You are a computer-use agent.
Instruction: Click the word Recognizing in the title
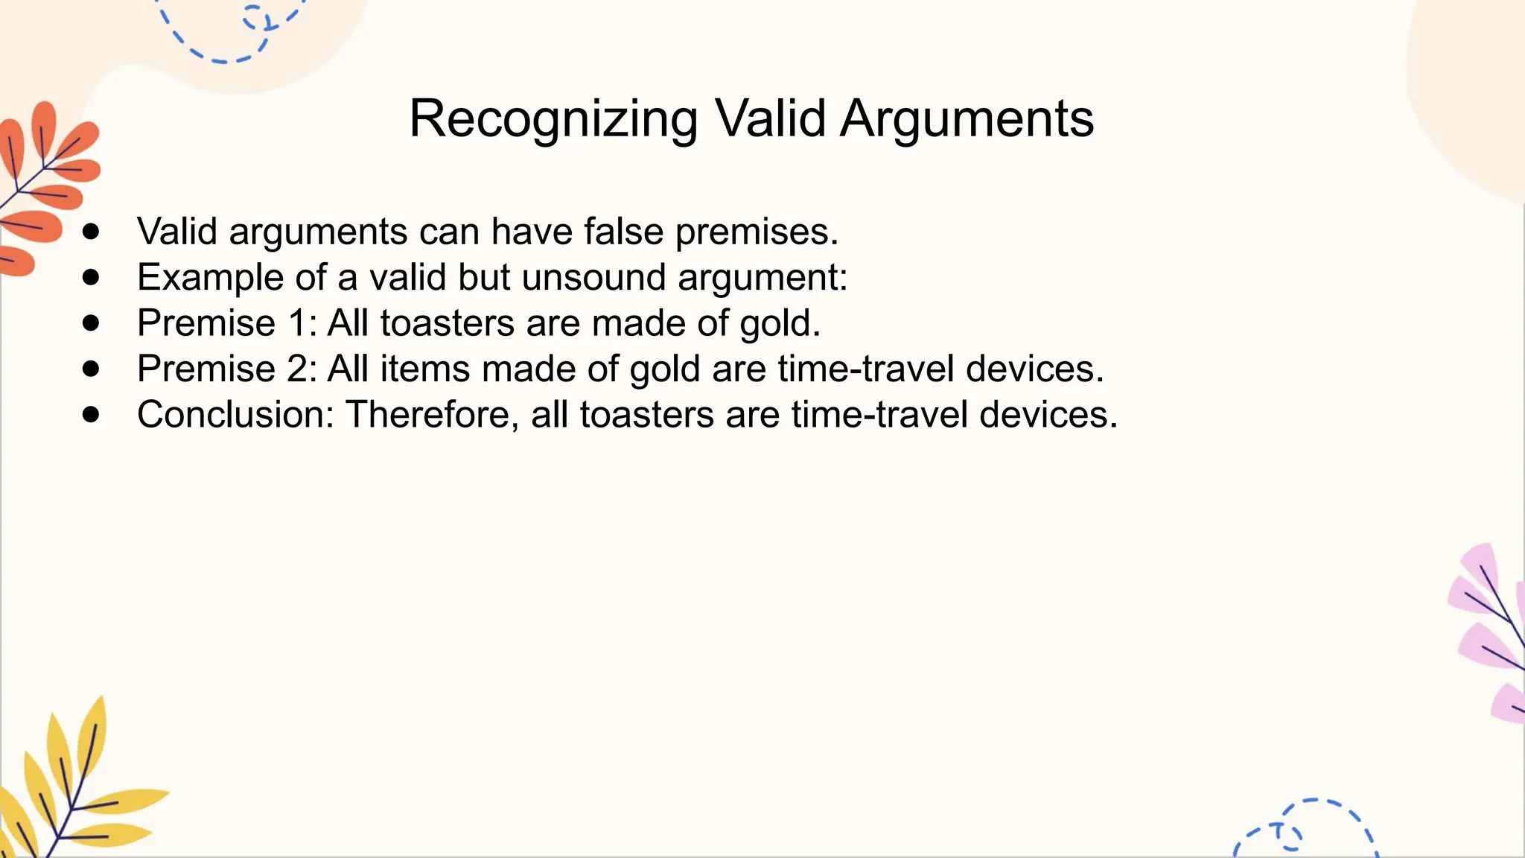[553, 119]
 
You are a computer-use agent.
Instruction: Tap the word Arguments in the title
[967, 119]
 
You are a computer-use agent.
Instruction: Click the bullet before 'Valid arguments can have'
[92, 232]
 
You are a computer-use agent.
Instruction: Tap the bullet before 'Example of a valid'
[92, 278]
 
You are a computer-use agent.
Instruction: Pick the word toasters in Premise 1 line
[447, 323]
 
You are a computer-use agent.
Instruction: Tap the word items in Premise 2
[424, 369]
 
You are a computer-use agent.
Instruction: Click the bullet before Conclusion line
[92, 415]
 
